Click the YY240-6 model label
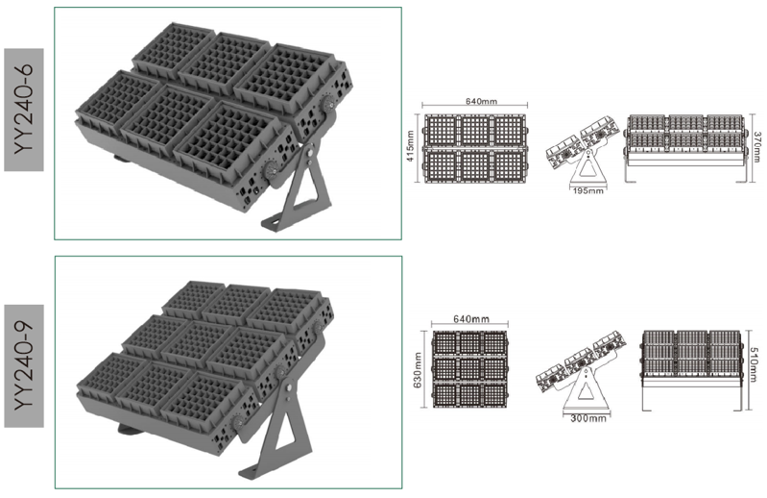24,110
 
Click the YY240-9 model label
24,365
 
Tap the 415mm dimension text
410,146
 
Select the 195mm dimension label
587,191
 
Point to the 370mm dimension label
757,147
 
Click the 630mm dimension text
418,370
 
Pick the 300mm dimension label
588,418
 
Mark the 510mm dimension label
755,364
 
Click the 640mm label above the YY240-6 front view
481,101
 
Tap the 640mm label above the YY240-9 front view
471,319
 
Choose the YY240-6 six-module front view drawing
474,149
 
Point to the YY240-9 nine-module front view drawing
470,369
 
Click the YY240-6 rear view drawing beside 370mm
685,148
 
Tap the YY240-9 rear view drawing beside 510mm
691,370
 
